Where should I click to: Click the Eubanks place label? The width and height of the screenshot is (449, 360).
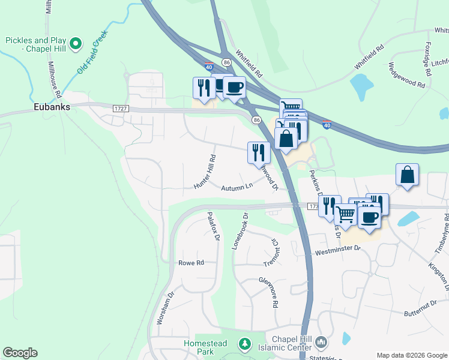click(x=52, y=107)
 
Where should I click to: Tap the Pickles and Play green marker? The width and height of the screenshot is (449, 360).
click(x=76, y=43)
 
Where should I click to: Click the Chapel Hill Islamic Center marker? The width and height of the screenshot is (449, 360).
click(x=321, y=343)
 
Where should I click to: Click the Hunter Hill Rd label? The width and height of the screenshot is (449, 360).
click(x=204, y=172)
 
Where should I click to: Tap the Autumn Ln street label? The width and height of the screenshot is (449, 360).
click(x=237, y=188)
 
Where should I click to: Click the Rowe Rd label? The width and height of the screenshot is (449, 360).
click(x=191, y=263)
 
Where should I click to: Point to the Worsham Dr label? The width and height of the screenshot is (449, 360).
click(x=161, y=308)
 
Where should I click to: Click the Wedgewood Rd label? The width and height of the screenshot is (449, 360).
click(x=406, y=76)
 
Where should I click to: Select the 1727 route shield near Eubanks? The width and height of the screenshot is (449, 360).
click(x=121, y=107)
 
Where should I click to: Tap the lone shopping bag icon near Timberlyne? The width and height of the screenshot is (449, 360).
click(x=407, y=175)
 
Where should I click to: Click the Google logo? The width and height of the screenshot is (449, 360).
click(x=20, y=353)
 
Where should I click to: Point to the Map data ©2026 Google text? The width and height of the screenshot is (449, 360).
click(x=412, y=355)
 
